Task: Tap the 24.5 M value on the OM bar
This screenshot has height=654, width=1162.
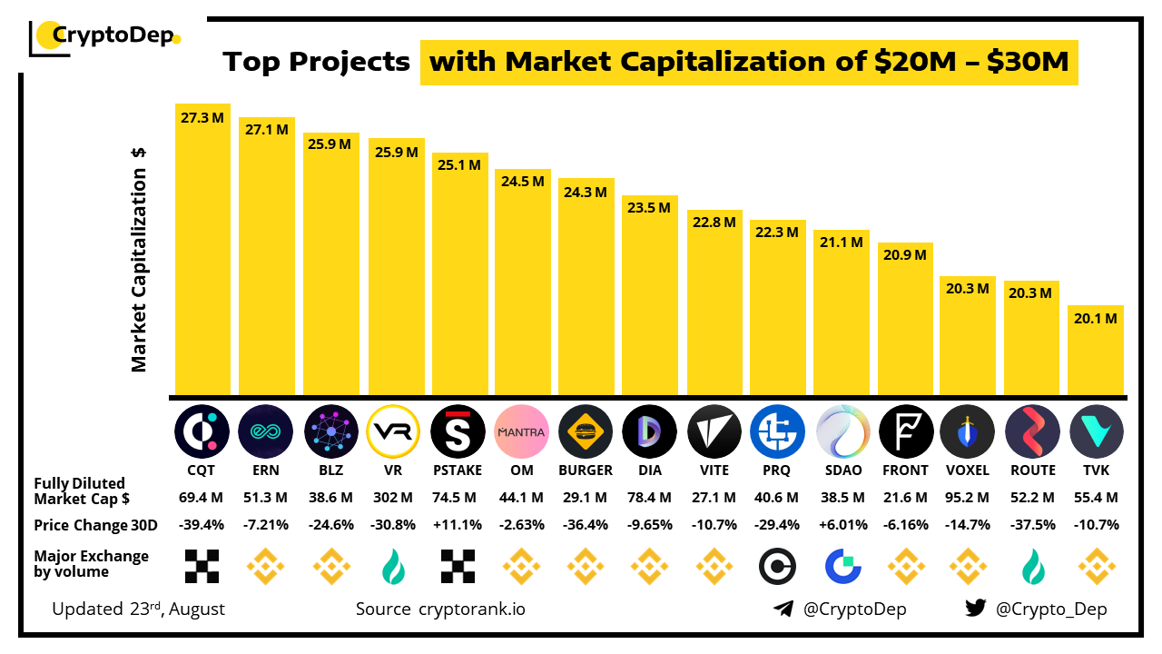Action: click(x=523, y=182)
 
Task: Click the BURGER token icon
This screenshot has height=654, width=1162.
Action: click(x=586, y=431)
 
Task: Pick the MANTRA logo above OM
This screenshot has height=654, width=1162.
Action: click(x=523, y=431)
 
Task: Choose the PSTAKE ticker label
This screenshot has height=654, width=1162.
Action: click(x=458, y=471)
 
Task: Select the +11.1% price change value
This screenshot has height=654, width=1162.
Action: click(x=458, y=525)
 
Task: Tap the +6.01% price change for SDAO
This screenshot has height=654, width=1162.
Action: click(x=842, y=525)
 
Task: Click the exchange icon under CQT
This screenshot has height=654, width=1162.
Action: click(x=202, y=566)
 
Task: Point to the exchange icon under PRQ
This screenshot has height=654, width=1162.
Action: click(x=778, y=566)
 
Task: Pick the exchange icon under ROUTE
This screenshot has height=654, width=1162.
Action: click(x=1033, y=566)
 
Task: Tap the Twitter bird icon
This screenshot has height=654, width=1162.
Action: click(x=976, y=609)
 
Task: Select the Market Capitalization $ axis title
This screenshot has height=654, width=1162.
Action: click(x=139, y=259)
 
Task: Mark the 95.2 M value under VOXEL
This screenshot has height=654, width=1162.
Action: click(x=968, y=498)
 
